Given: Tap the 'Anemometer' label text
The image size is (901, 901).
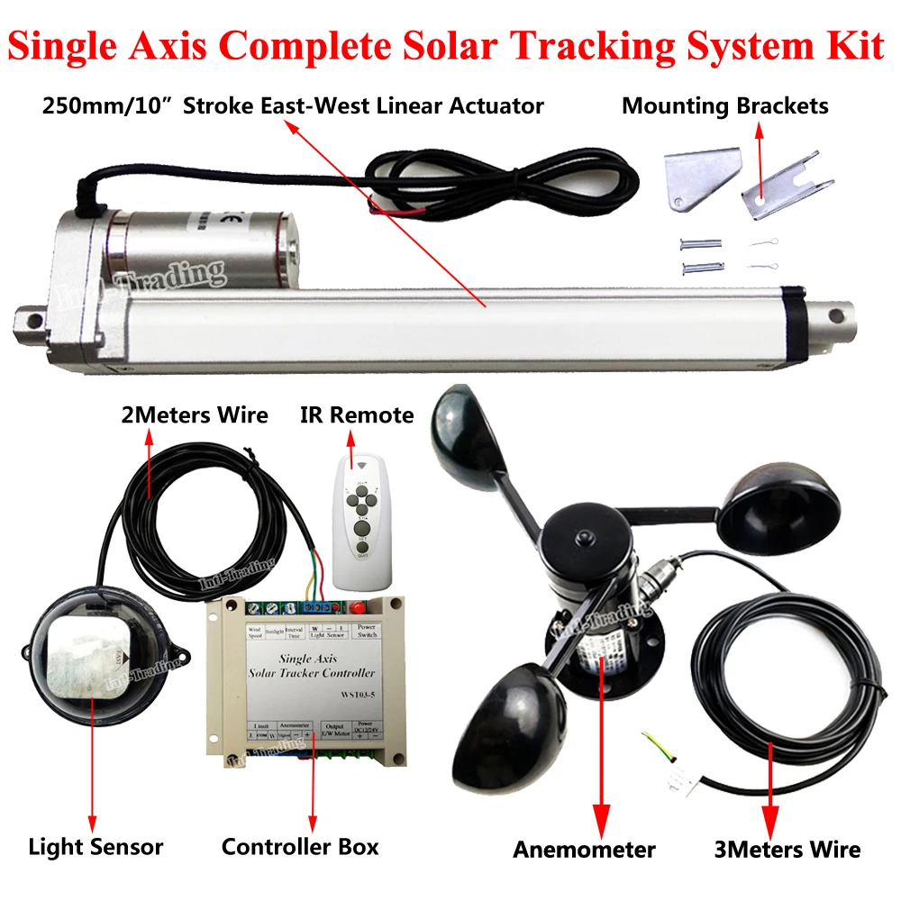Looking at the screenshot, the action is point(584,849).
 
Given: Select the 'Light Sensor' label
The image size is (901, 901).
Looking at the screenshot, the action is point(96,847).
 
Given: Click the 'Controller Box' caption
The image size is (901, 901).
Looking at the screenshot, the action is point(300,847).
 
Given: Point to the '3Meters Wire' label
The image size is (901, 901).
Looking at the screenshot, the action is point(787,849).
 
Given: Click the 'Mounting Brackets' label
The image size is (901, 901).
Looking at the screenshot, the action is point(724,106).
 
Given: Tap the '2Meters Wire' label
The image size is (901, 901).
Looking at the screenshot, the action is point(194,415).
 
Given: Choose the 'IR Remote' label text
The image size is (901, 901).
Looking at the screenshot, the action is point(357,415).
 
